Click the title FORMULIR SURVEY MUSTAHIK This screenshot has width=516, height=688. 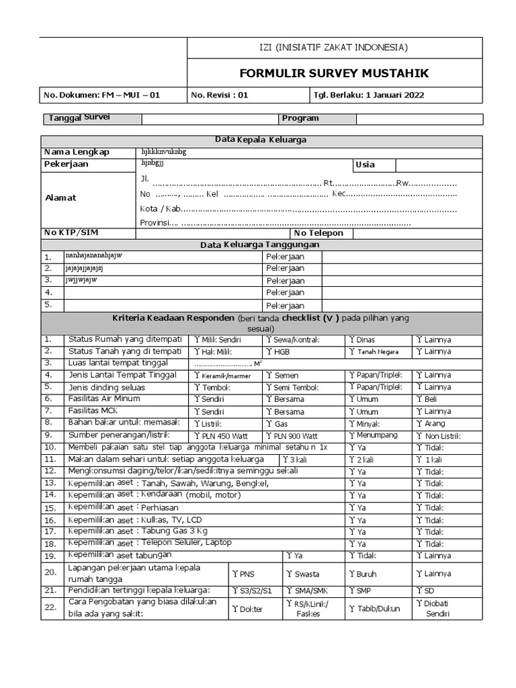(334, 73)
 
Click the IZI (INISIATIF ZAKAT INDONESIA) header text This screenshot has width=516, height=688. (333, 48)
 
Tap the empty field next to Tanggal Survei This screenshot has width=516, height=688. (209, 119)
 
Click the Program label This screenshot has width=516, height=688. (300, 118)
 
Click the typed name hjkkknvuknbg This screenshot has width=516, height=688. (163, 152)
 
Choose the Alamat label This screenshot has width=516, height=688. (60, 198)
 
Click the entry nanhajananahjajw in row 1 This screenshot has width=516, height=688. (93, 256)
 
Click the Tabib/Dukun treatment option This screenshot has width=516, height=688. (373, 609)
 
